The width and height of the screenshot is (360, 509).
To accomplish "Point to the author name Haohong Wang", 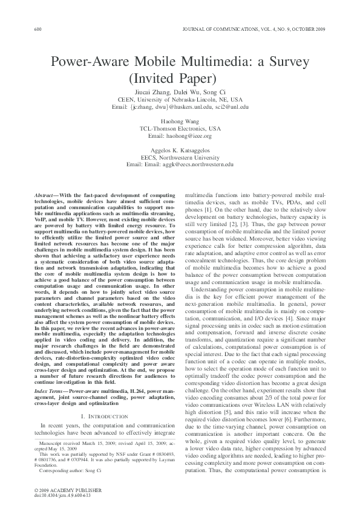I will [180, 121].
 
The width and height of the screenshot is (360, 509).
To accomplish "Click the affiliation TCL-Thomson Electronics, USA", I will [180, 128].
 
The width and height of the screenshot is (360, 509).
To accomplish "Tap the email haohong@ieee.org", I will [180, 135].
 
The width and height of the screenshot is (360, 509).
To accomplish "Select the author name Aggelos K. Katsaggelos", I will [180, 150].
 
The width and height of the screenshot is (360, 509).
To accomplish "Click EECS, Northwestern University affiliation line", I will [180, 157].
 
